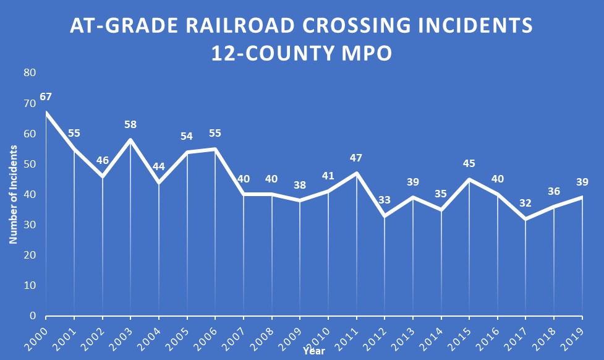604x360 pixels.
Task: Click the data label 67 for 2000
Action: (x=45, y=97)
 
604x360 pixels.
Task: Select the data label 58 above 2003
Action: (x=130, y=124)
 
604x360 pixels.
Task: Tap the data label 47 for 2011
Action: (x=356, y=158)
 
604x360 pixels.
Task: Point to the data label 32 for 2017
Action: (x=525, y=203)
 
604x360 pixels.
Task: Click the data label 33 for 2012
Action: (x=385, y=200)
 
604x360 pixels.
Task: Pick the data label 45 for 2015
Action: (x=469, y=164)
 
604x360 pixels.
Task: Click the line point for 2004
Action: (x=159, y=182)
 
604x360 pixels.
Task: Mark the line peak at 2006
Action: (x=215, y=149)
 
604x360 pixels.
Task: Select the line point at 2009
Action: (x=300, y=200)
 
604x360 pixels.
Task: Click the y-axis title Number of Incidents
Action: (x=13, y=194)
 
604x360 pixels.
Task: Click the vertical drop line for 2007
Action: (x=244, y=260)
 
